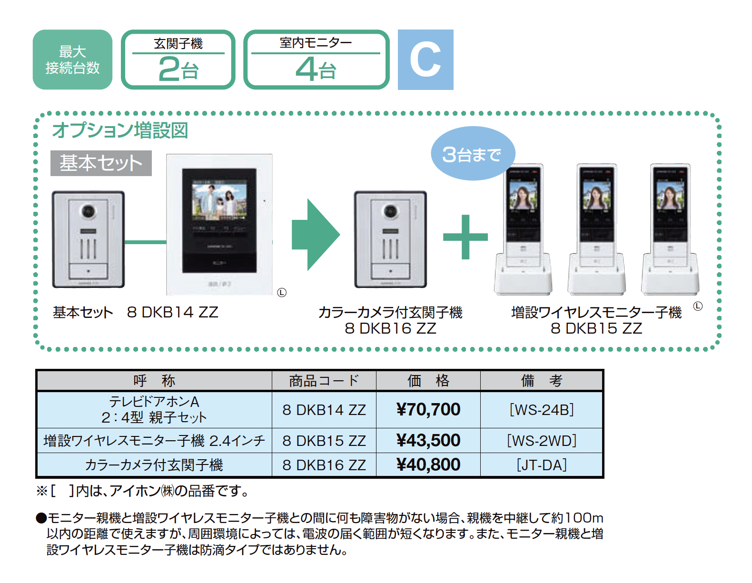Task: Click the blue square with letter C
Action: pos(425,59)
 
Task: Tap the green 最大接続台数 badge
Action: pos(72,59)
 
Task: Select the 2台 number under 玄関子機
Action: pos(178,69)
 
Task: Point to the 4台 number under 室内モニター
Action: pos(316,69)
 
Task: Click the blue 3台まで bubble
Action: pos(472,154)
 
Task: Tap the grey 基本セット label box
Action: pos(101,163)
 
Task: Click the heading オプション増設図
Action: pos(120,130)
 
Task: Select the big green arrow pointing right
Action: pos(316,235)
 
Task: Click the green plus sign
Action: pos(465,237)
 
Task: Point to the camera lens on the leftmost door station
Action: pos(89,211)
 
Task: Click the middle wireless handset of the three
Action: pos(596,228)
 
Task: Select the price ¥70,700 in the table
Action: pos(428,409)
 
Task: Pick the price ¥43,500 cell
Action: pos(428,440)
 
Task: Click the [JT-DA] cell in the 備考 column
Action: pos(542,464)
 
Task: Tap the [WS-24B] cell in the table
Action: pos(542,409)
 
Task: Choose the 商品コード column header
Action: pos(324,381)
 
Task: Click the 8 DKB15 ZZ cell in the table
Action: pos(324,440)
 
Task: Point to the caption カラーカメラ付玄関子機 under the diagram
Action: pos(390,312)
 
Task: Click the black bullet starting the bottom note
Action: pos(41,518)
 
